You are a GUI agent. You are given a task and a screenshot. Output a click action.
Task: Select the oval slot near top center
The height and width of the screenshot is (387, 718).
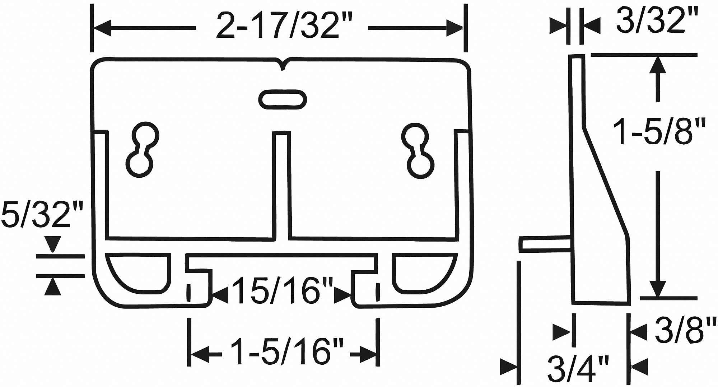(283, 98)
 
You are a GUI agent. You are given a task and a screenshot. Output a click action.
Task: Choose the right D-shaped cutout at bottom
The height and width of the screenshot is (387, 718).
(422, 271)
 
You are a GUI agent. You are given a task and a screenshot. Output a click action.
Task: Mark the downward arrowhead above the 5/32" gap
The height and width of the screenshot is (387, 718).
(53, 245)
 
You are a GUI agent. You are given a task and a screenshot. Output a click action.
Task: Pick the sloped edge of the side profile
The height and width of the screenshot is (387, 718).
(607, 183)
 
